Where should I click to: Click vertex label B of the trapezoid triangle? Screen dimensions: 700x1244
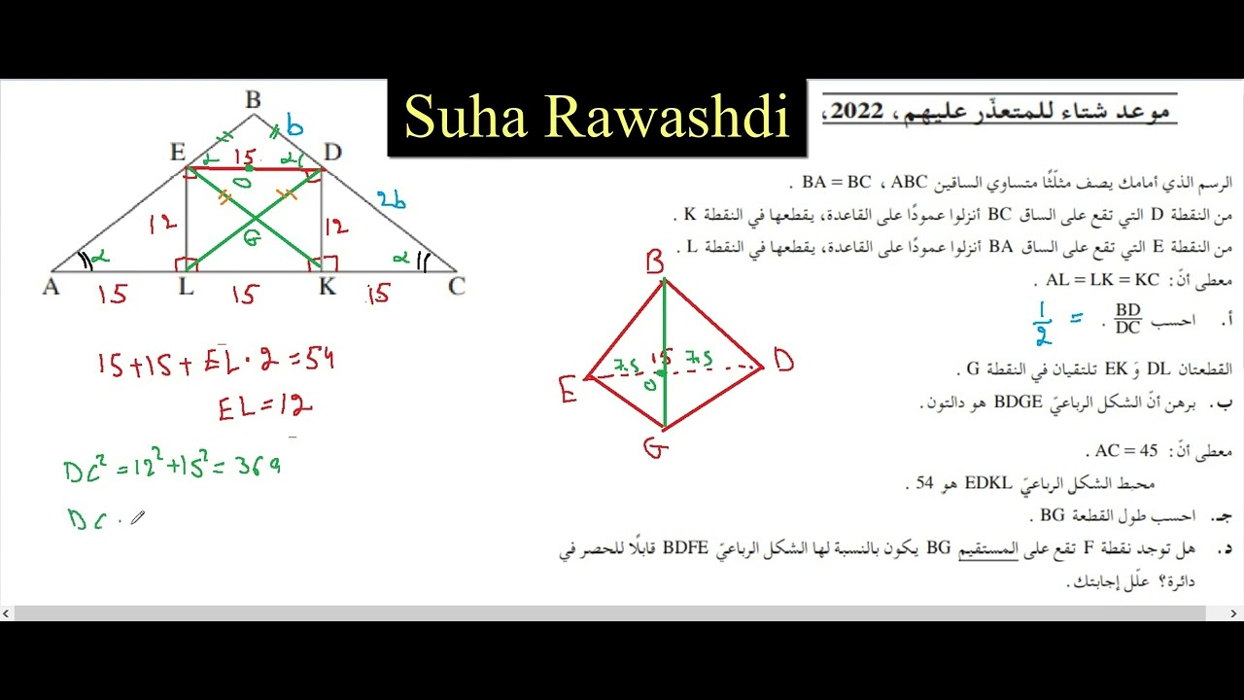[253, 99]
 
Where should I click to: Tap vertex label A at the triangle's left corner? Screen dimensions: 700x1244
[51, 287]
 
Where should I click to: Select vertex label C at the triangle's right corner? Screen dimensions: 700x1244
[456, 286]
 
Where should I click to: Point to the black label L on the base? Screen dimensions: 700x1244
[186, 287]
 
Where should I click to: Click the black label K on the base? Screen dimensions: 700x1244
[328, 287]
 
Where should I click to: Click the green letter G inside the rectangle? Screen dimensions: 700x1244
[252, 236]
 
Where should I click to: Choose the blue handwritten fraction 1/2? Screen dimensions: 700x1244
[1043, 323]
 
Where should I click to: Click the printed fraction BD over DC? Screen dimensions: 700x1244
[1127, 319]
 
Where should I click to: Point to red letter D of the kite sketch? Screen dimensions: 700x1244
[783, 363]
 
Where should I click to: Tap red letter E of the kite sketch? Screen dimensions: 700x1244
[569, 389]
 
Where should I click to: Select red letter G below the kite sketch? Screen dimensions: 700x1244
[656, 448]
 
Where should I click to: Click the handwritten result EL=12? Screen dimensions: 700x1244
[264, 407]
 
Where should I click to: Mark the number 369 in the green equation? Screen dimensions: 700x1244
[260, 469]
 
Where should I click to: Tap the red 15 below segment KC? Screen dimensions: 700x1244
[378, 294]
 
